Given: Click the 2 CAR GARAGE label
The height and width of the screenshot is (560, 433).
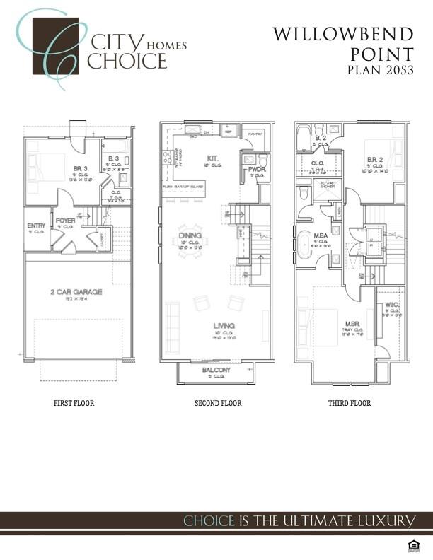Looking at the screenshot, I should [x=76, y=291].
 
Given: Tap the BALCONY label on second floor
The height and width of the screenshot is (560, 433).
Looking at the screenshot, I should [x=216, y=371].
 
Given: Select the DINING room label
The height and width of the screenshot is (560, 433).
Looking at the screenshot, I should [x=190, y=235].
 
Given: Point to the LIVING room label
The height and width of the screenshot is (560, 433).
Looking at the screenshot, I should [x=224, y=326].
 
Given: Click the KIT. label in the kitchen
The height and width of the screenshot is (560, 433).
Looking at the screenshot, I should [x=212, y=158].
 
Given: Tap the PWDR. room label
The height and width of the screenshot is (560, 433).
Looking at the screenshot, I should [x=256, y=170].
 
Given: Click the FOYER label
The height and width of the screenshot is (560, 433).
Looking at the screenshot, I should [x=66, y=220].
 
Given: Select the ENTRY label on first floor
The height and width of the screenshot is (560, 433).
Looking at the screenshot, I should [x=36, y=226].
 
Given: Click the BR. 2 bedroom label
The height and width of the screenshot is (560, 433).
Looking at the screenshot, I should [x=374, y=161].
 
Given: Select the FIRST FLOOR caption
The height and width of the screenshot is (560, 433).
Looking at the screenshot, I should [x=74, y=404].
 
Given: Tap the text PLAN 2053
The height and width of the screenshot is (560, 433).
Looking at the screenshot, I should [x=381, y=70].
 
